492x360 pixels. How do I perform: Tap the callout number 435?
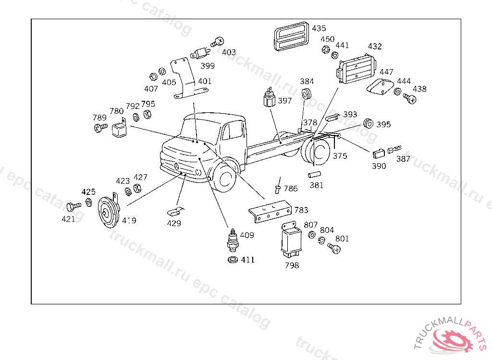319,28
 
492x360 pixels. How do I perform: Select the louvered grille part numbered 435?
292,36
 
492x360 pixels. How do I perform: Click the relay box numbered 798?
291,239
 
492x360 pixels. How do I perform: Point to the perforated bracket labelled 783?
270,211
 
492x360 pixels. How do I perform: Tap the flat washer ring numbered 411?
233,260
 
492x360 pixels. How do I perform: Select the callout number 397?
284,101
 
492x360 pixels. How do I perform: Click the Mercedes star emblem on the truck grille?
176,166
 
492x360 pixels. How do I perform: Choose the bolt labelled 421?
74,207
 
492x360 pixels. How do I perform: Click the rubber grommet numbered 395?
368,123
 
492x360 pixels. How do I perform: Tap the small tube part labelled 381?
314,174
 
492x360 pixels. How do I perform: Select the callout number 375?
340,156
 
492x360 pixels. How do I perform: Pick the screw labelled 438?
410,98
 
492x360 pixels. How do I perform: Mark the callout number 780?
116,111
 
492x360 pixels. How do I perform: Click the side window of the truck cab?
233,130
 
